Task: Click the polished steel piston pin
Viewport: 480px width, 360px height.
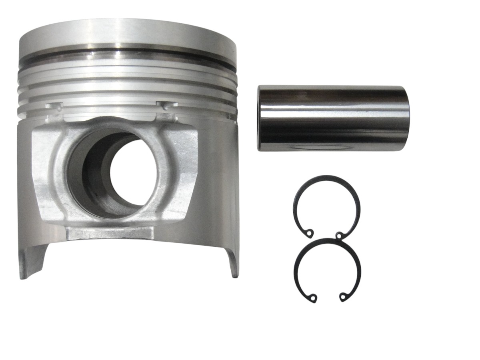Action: [333, 118]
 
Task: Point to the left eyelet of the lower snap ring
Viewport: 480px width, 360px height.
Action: [313, 298]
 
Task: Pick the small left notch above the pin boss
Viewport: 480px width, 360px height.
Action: [55, 106]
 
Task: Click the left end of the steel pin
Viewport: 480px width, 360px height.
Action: [260, 118]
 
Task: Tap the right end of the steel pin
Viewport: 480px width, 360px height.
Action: [407, 118]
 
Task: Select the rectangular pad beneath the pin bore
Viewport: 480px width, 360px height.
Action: [110, 233]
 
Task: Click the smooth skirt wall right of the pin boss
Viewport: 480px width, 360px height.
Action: [218, 180]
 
